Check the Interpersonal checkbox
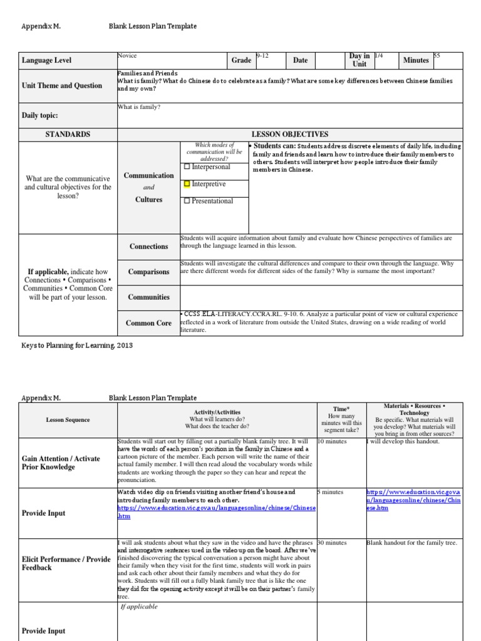[x=187, y=167]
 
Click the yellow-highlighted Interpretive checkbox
[x=187, y=185]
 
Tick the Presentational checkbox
[x=187, y=202]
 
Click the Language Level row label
[x=46, y=61]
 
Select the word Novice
[x=127, y=56]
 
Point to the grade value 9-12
[x=262, y=56]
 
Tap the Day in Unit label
[x=359, y=60]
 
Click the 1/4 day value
[x=379, y=56]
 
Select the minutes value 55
[x=437, y=56]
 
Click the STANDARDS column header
[x=68, y=135]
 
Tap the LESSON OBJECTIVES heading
[x=289, y=135]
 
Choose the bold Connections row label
[x=149, y=247]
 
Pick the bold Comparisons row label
[x=149, y=272]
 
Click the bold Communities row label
[x=149, y=297]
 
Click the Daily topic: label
[x=40, y=116]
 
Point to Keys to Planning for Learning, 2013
[x=77, y=346]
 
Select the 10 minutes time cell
[x=332, y=441]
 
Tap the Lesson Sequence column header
[x=68, y=420]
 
